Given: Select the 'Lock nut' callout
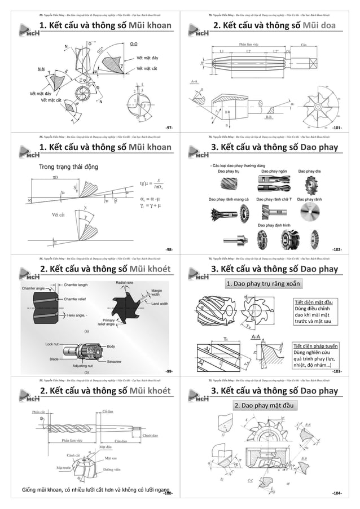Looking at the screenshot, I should click(x=54, y=343).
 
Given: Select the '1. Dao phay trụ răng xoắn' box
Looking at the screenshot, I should click(x=263, y=283).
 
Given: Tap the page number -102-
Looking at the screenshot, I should click(x=337, y=249).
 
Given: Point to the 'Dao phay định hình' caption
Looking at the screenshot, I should click(x=274, y=225).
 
